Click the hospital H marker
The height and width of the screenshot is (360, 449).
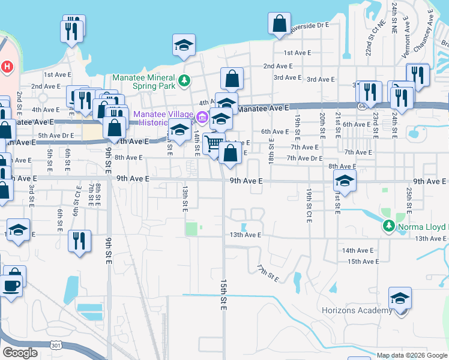coord(7,66)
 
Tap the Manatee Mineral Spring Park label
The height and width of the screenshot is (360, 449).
coord(144,82)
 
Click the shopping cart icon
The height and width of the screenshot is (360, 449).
coord(212,143)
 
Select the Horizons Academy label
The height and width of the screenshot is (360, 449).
coord(357,310)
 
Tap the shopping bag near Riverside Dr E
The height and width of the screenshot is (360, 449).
coord(280,25)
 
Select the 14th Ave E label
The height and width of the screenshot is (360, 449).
coord(358,250)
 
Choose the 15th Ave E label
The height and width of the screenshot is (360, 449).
coord(363,262)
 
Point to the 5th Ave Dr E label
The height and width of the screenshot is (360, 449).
coord(56,136)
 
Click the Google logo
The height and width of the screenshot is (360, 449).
coord(19,353)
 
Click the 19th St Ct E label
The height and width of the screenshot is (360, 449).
coord(309,200)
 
